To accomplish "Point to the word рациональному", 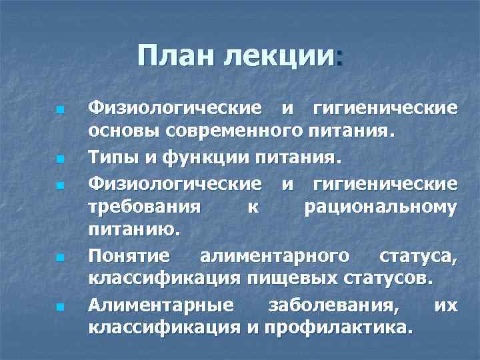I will [x=380, y=207].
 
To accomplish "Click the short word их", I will [x=445, y=305].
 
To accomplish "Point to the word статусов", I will [x=383, y=279].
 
